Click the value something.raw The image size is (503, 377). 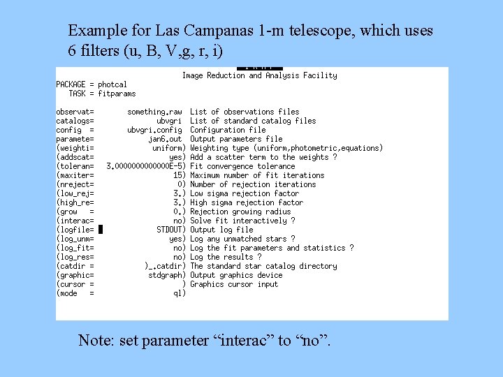point(154,112)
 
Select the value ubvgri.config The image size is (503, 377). point(154,130)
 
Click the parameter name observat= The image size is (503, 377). point(75,112)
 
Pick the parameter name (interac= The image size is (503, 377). point(75,221)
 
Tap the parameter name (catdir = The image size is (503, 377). point(75,266)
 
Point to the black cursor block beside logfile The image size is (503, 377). point(101,229)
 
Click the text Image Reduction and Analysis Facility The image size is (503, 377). point(259,75)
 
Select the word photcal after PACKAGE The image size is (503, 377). point(112,84)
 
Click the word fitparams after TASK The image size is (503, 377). point(117,94)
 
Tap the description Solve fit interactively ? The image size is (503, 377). point(242,221)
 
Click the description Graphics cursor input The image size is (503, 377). point(234,284)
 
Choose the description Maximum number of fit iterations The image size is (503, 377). point(257,175)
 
